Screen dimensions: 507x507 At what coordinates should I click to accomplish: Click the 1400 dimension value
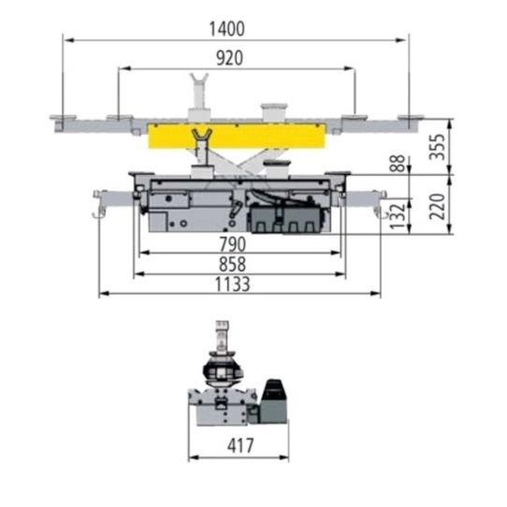click(227, 29)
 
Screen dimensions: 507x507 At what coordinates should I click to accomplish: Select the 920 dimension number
click(229, 58)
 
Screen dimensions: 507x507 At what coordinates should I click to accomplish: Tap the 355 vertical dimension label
click(437, 147)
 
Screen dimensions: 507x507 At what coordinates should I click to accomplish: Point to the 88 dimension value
click(397, 164)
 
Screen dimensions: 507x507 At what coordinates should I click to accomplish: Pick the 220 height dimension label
click(437, 207)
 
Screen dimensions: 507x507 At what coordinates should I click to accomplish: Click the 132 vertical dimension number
click(398, 216)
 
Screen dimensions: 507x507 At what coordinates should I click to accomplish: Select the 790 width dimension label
click(233, 244)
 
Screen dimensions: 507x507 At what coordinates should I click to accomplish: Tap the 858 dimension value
click(233, 264)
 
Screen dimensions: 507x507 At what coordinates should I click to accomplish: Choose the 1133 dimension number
click(233, 284)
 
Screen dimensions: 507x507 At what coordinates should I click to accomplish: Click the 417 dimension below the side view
click(240, 446)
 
